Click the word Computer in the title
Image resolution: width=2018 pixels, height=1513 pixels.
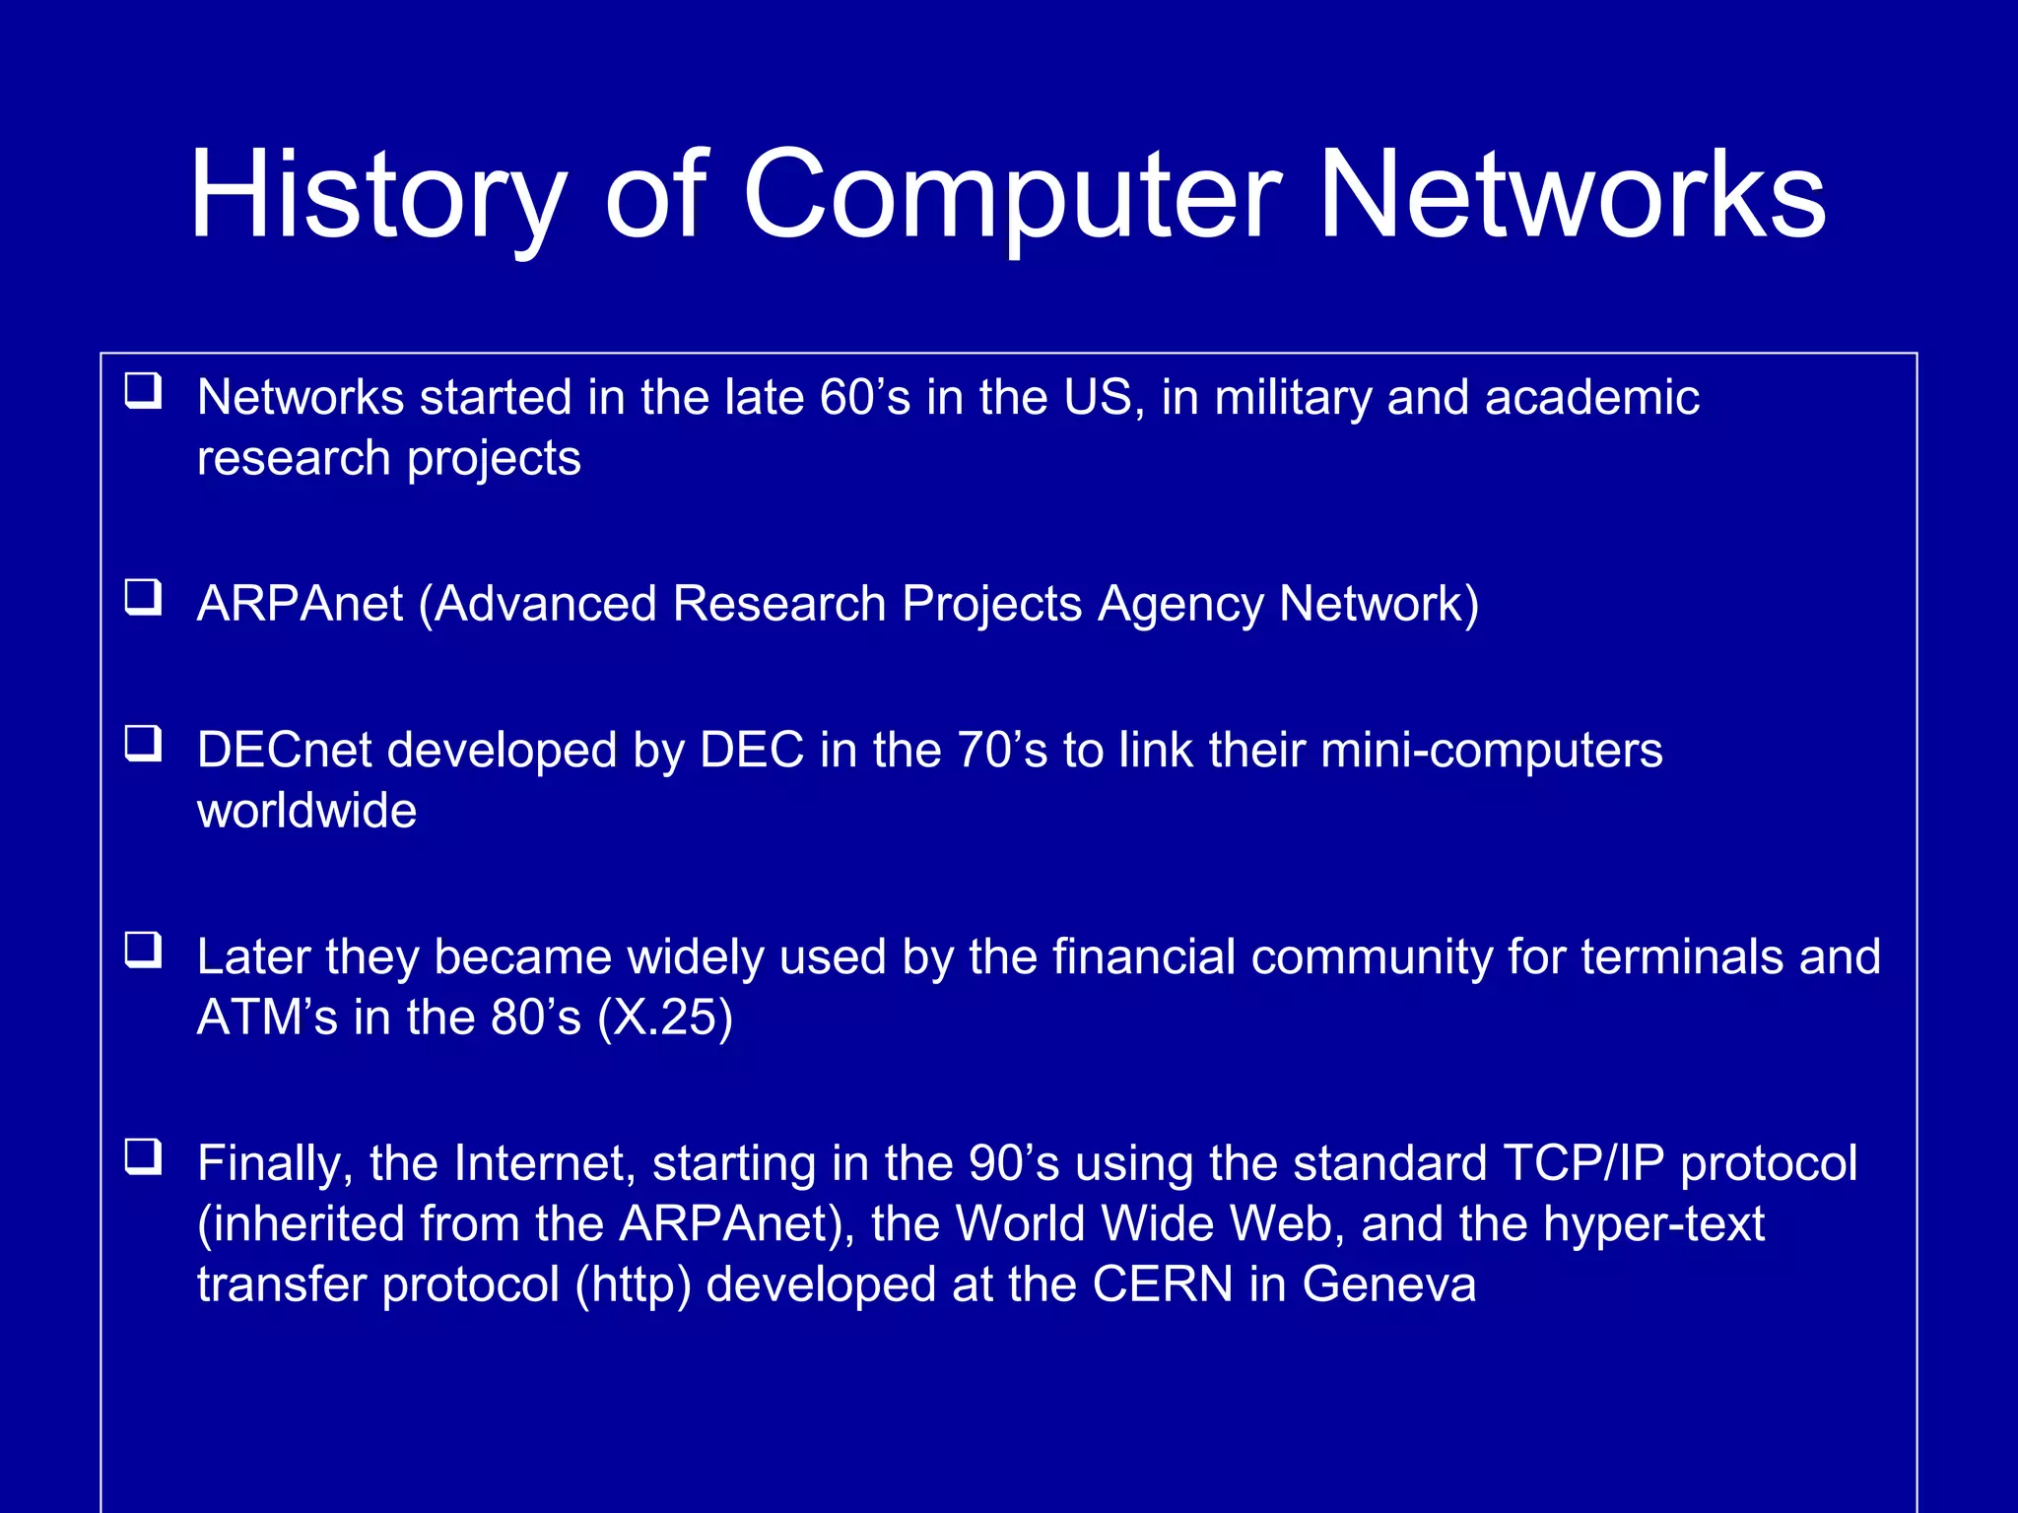tap(1012, 194)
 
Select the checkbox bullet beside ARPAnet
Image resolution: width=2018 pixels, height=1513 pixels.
tap(144, 597)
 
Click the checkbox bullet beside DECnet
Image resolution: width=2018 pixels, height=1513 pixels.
tap(144, 744)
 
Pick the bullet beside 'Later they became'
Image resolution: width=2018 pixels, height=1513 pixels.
tap(144, 951)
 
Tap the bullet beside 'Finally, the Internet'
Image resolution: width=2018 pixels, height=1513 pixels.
tap(144, 1156)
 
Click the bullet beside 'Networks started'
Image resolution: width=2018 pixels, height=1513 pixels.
tap(144, 391)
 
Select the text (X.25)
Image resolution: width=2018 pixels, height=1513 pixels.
tap(665, 1018)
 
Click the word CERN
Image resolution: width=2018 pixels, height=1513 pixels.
tap(1163, 1284)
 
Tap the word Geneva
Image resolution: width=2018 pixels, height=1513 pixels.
tap(1388, 1284)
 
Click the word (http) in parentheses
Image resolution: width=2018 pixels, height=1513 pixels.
tap(634, 1284)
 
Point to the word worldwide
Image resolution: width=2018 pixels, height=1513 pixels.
tap(306, 811)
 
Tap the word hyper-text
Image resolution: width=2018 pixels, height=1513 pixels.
tap(1653, 1224)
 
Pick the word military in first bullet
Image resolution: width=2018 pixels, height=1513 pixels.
tap(1292, 398)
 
